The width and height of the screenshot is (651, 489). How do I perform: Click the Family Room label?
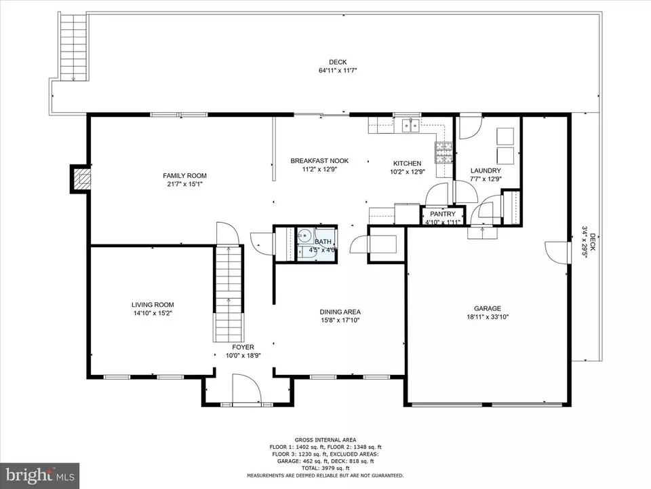[184, 175]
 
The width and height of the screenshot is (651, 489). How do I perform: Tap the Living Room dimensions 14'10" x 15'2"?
[153, 312]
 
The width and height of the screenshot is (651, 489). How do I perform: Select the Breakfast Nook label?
[319, 160]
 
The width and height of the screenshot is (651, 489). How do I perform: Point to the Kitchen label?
[408, 164]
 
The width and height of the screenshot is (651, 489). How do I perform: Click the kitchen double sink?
[410, 125]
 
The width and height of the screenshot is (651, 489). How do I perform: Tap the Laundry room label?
[486, 170]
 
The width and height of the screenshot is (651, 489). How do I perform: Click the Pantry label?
[443, 214]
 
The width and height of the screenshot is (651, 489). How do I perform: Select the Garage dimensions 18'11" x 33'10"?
[488, 317]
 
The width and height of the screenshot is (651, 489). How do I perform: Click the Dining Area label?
[340, 312]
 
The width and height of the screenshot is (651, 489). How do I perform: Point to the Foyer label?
[243, 347]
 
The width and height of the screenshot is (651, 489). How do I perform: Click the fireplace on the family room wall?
[81, 179]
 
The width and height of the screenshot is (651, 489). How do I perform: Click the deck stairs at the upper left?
[73, 47]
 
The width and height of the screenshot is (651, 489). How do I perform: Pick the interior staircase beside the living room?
[229, 294]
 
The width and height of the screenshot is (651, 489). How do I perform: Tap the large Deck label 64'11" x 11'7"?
[338, 66]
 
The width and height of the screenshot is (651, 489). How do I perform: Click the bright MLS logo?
[40, 475]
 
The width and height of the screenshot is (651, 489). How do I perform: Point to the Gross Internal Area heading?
[325, 440]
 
